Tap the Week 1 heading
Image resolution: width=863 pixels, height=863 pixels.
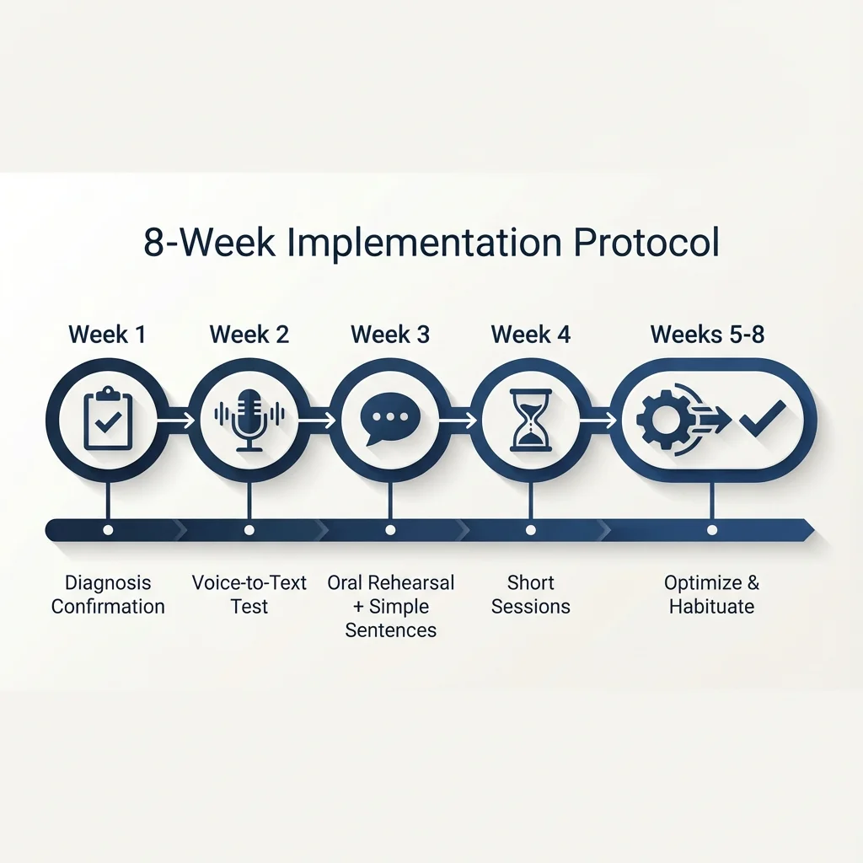coord(107,335)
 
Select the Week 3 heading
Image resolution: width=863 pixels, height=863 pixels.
coord(390,335)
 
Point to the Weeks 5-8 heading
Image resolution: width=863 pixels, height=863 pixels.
coord(708,335)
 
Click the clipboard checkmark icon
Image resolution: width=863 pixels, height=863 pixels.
coord(107,419)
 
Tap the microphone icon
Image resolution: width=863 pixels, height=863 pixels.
coord(249,419)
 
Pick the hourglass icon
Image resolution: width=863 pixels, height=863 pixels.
coord(531,419)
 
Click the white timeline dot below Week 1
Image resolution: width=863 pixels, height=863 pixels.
coord(107,530)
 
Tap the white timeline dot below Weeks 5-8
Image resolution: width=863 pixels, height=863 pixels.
coord(712,530)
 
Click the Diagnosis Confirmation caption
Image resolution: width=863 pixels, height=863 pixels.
coord(108,594)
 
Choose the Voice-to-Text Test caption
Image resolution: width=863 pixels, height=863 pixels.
coord(249,594)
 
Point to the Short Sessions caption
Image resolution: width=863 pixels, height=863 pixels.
coord(531,594)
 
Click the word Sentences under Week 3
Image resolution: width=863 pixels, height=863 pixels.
coord(391,630)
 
